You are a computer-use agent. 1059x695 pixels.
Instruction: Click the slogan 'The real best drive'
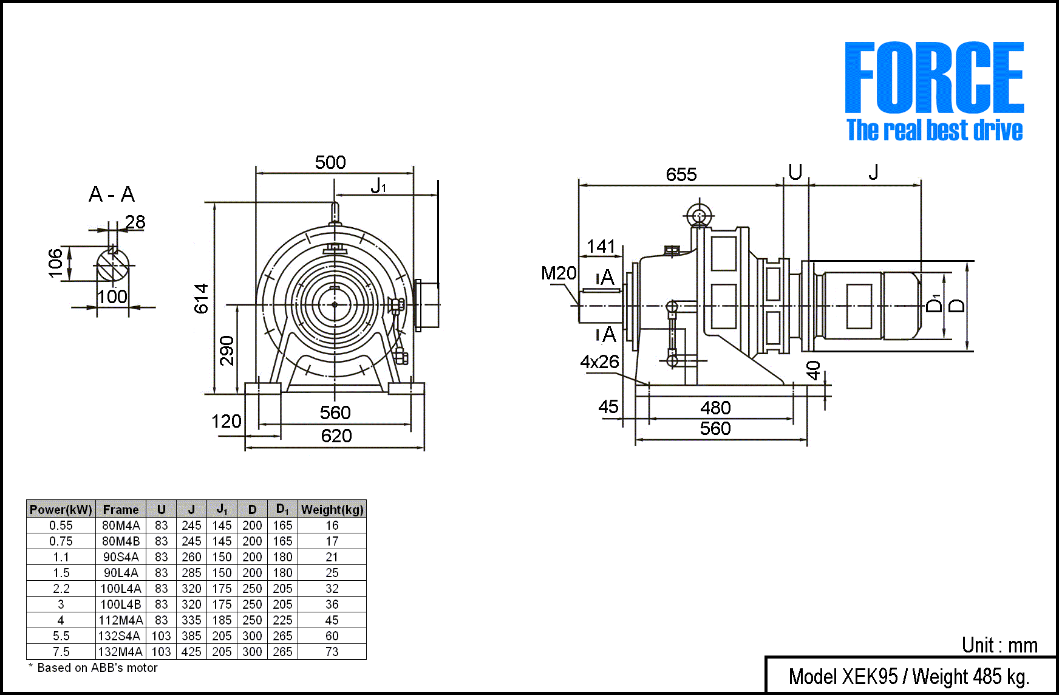coord(935,131)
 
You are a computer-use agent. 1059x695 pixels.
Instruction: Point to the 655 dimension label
coord(681,175)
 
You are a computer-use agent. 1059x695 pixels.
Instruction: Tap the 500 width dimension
coord(330,163)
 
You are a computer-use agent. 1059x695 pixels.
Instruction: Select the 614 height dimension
coord(201,298)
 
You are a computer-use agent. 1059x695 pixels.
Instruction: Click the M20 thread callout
coord(558,273)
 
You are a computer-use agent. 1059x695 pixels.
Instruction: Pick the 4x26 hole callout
coord(599,362)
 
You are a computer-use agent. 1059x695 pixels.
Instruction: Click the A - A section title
coord(112,194)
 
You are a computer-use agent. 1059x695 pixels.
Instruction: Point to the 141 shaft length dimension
coord(601,247)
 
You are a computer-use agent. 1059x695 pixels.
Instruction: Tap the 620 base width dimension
coord(336,436)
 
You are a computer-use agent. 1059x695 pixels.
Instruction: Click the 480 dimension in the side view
coord(715,408)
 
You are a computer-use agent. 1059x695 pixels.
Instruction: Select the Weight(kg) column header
coord(332,510)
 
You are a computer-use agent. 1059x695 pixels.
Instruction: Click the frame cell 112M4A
coord(121,620)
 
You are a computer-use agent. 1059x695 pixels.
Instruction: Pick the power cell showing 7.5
coord(61,652)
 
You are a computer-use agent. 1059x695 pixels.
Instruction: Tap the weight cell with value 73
coord(332,652)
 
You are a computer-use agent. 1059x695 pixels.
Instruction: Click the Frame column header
coord(121,510)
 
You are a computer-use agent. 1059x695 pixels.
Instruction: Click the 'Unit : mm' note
coord(999,645)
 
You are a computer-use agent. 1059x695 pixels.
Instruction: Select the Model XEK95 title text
coord(908,676)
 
